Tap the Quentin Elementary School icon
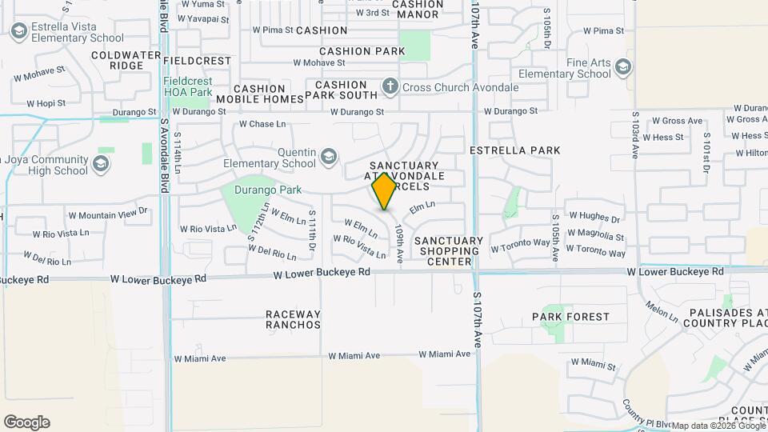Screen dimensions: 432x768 point(328,156)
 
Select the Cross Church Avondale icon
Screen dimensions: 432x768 point(390,86)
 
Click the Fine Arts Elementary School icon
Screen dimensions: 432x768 point(623,74)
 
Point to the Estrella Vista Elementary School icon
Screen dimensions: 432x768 point(19,32)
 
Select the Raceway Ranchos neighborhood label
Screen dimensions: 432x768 point(293,319)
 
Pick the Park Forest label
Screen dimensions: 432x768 point(570,317)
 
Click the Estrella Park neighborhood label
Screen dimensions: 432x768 point(514,150)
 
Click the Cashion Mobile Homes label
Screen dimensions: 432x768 point(260,94)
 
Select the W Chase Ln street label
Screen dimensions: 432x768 point(262,125)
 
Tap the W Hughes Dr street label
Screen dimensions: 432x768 point(594,217)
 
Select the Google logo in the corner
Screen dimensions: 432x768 point(26,422)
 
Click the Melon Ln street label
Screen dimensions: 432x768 point(662,312)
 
